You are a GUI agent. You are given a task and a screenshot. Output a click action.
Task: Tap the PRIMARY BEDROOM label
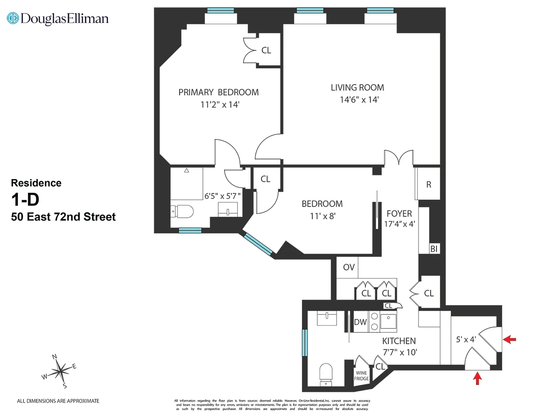pyautogui.click(x=218, y=92)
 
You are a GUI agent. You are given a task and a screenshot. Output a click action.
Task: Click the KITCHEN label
pyautogui.click(x=399, y=341)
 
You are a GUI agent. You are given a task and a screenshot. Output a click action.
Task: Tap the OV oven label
pyautogui.click(x=349, y=267)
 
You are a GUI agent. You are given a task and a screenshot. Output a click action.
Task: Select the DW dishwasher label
pyautogui.click(x=360, y=322)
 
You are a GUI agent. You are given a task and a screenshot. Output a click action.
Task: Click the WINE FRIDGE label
pyautogui.click(x=362, y=376)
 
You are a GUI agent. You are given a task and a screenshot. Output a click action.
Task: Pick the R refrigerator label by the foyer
pyautogui.click(x=429, y=184)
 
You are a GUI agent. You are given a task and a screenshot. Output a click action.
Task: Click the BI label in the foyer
pyautogui.click(x=434, y=249)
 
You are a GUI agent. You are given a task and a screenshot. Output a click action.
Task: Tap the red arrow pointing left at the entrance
pyautogui.click(x=509, y=340)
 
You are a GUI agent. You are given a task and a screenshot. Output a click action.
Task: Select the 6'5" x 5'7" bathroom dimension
pyautogui.click(x=223, y=196)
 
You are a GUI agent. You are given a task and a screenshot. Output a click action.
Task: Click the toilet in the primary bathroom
pyautogui.click(x=182, y=211)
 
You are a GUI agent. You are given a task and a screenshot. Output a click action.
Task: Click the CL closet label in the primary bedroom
pyautogui.click(x=266, y=50)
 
